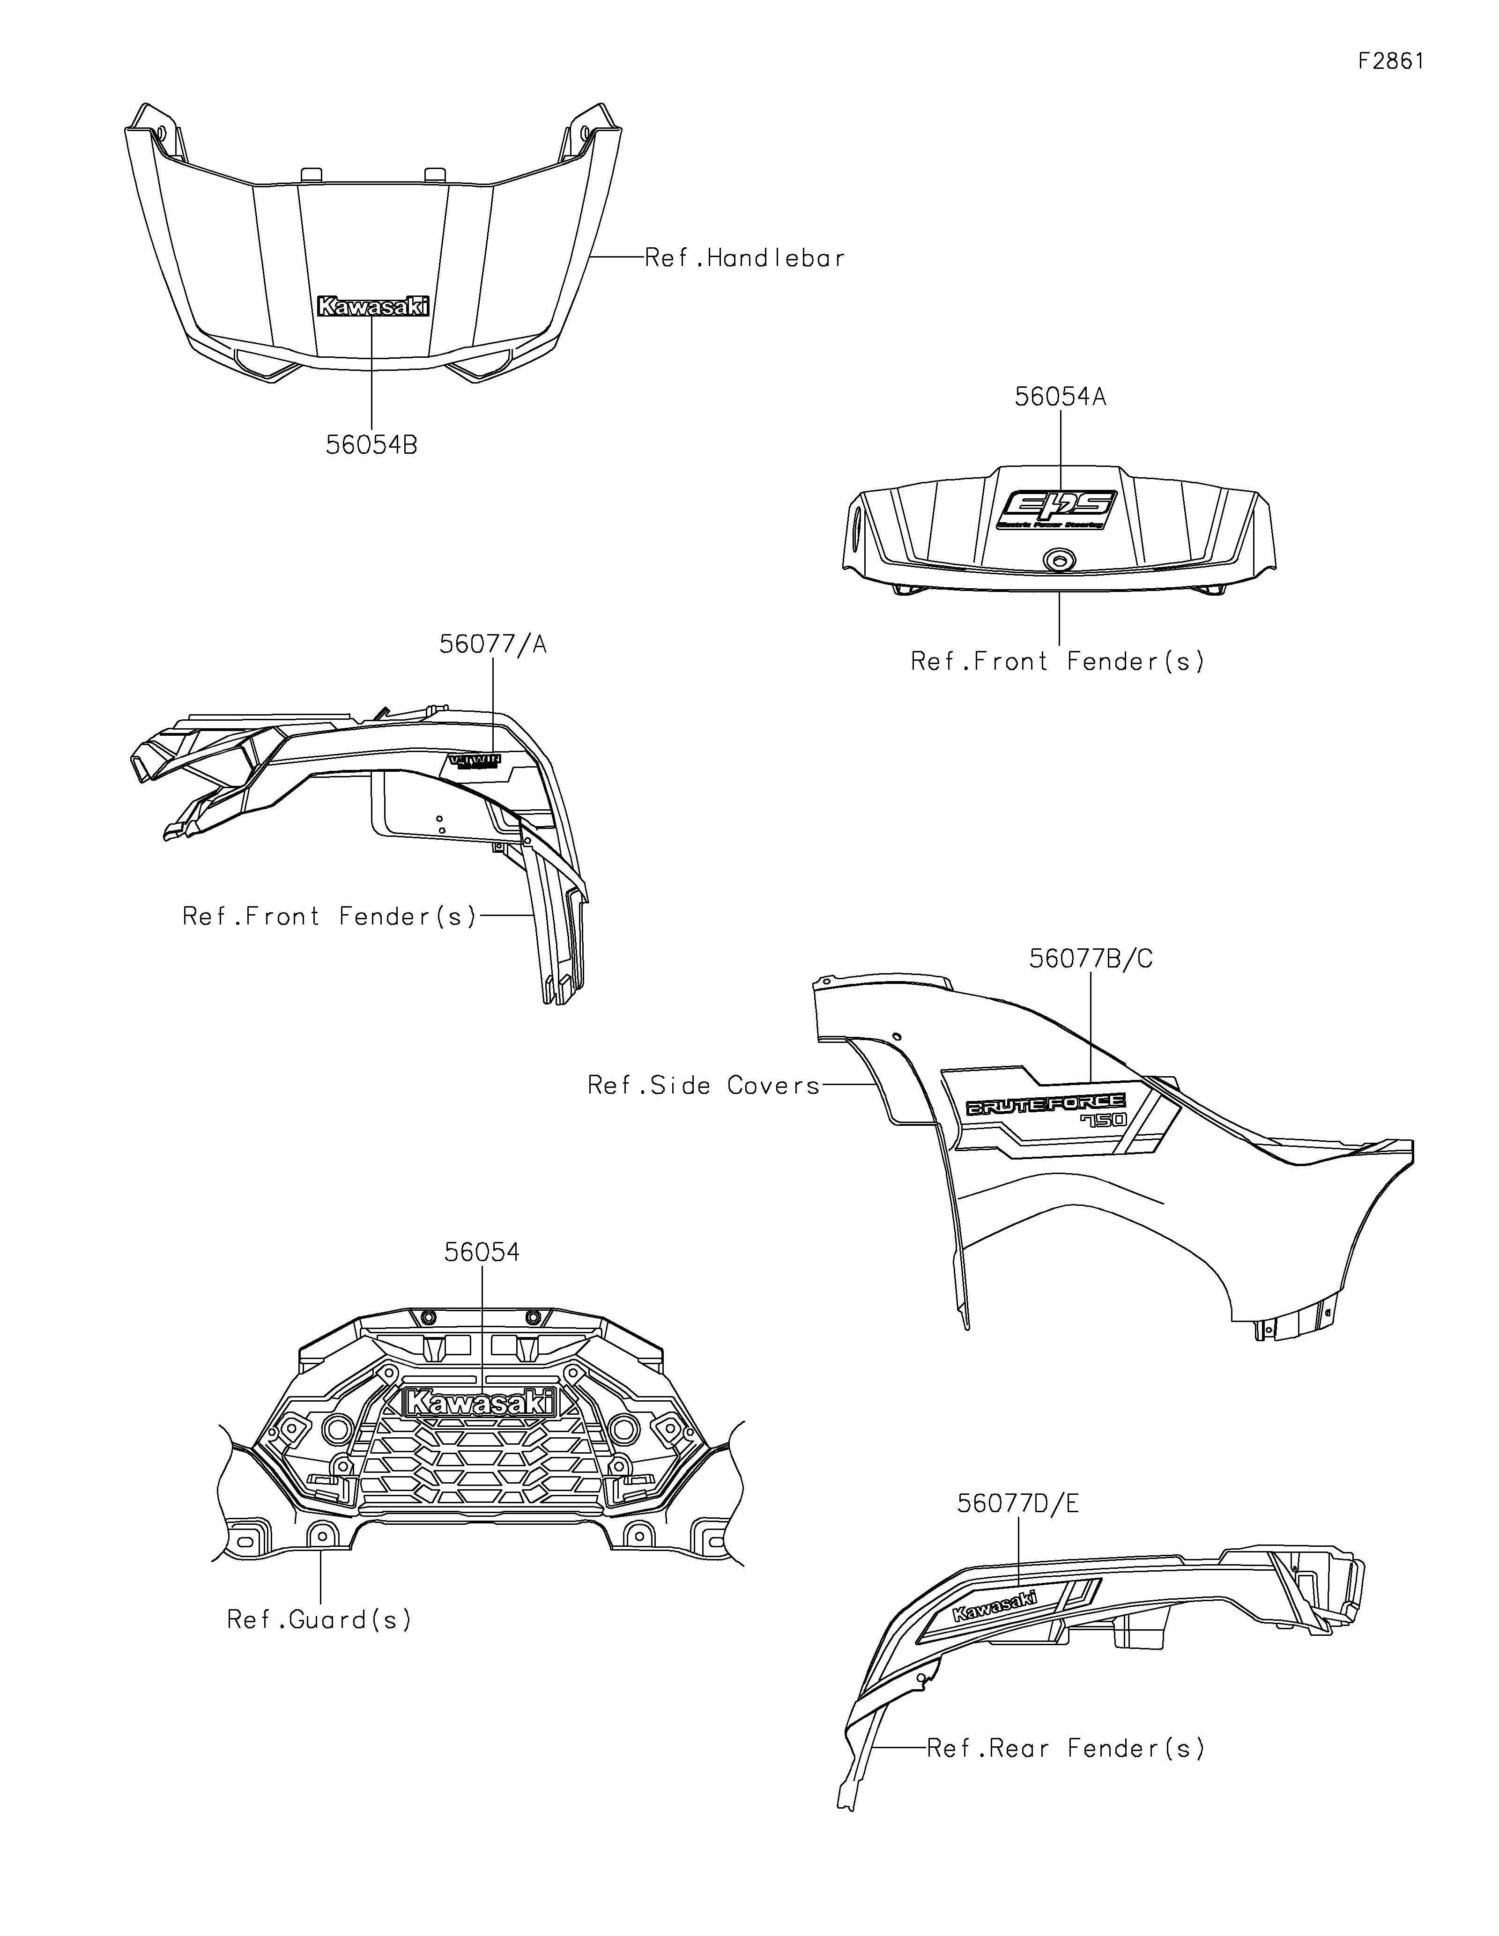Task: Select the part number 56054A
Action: click(1060, 397)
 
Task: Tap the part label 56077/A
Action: click(493, 644)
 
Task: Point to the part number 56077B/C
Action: click(1091, 959)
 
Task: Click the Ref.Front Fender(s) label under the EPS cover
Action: click(1058, 661)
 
